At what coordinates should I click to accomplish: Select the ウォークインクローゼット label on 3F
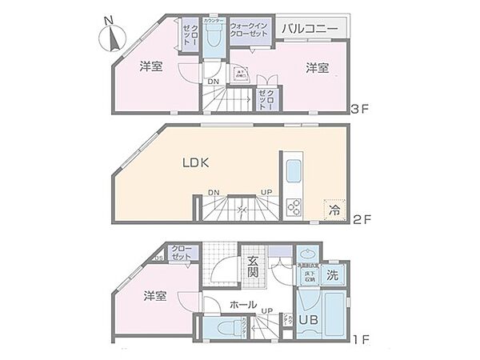[x=249, y=30]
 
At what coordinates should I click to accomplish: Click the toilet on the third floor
[x=214, y=36]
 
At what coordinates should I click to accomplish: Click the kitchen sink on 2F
[x=293, y=170]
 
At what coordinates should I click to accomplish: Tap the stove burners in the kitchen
[x=294, y=206]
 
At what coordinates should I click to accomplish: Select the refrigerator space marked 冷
[x=334, y=210]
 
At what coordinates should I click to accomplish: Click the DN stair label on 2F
[x=214, y=193]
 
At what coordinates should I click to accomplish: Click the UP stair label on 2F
[x=266, y=193]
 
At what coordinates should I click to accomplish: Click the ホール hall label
[x=243, y=305]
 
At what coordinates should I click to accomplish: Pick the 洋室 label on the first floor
[x=154, y=296]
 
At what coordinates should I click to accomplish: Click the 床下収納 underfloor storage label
[x=309, y=276]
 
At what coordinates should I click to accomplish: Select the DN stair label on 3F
[x=214, y=82]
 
